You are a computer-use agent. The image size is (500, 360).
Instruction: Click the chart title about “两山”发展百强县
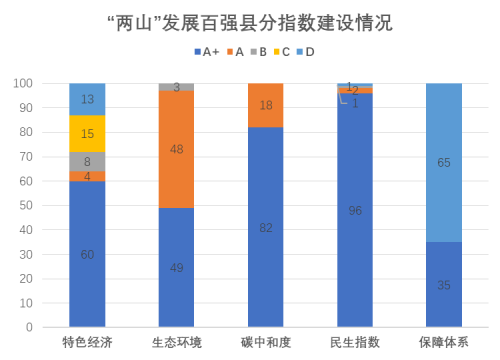[x=250, y=21]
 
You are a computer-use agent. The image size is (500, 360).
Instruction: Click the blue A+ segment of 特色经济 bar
[x=87, y=254]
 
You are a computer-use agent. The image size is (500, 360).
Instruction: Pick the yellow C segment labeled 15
[x=87, y=134]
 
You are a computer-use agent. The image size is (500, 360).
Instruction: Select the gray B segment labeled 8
[x=87, y=161]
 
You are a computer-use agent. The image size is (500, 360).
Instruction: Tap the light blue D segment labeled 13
[x=87, y=99]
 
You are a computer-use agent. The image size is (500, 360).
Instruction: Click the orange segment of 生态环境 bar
[x=177, y=149]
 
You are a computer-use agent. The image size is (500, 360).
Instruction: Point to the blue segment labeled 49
[x=177, y=267]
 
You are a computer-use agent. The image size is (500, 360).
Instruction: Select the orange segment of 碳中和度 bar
[x=265, y=105]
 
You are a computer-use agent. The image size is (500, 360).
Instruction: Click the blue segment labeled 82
[x=265, y=227]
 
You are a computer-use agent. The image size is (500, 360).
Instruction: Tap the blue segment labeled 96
[x=355, y=210]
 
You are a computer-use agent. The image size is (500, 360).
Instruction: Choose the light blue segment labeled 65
[x=443, y=162]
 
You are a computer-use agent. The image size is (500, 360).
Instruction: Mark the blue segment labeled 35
[x=443, y=285]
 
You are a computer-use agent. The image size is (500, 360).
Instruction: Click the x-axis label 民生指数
[x=355, y=343]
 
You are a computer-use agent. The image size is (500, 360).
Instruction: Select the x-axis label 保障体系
[x=443, y=343]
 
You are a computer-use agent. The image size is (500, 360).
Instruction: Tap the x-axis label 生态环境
[x=177, y=343]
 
